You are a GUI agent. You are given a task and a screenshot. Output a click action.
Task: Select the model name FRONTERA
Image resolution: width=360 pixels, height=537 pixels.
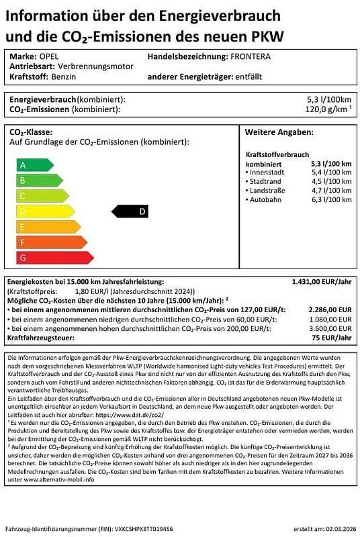(x=251, y=57)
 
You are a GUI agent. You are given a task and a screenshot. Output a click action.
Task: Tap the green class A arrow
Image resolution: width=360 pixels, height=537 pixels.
(x=34, y=164)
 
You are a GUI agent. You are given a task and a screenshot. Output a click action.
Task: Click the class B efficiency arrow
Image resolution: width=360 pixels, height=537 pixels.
(x=39, y=180)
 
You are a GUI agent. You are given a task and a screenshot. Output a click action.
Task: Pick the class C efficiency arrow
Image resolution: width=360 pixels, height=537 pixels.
(x=44, y=196)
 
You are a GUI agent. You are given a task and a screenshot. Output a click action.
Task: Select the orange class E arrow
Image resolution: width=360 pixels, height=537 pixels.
(x=52, y=227)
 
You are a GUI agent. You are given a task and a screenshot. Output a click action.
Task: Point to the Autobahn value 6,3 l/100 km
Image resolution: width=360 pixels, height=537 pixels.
(x=331, y=199)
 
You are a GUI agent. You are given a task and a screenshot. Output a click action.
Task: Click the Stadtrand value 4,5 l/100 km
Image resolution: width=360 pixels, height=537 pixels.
(x=331, y=181)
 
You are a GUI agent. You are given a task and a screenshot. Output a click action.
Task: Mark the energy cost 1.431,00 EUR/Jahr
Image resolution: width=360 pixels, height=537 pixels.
(x=322, y=283)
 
